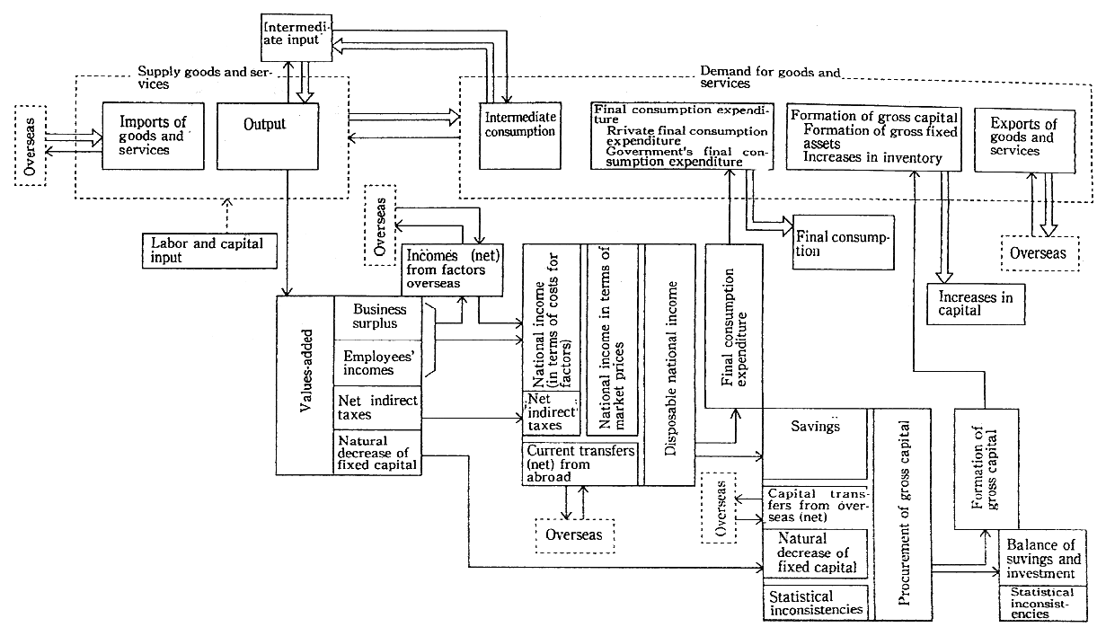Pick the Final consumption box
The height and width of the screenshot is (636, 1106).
(843, 243)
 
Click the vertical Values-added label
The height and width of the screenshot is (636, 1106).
(305, 384)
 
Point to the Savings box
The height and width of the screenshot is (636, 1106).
(815, 428)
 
